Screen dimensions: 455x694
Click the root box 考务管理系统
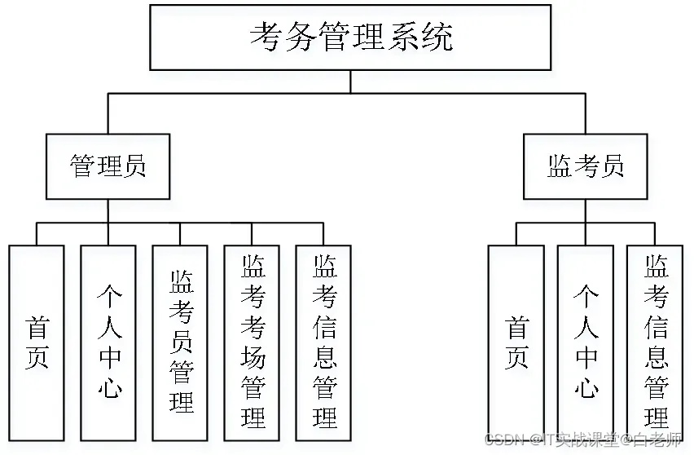[x=350, y=38]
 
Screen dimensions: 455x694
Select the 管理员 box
[x=108, y=167]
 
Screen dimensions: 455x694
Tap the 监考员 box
[x=585, y=167]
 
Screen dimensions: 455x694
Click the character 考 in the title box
[x=269, y=38]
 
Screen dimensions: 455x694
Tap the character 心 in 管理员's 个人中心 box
[x=109, y=386]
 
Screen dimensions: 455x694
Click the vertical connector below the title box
[x=350, y=82]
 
